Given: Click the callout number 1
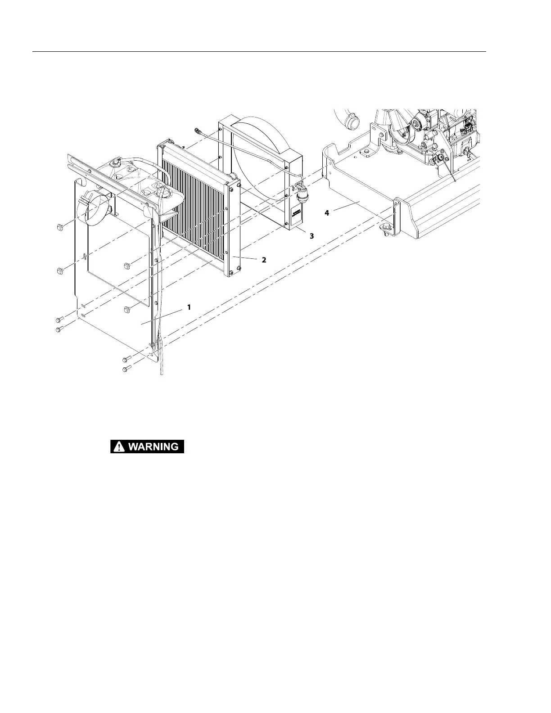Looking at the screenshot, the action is (189, 307).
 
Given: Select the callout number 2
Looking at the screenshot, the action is (264, 260).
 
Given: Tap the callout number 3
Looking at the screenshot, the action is (312, 235).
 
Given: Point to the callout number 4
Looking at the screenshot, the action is (327, 213).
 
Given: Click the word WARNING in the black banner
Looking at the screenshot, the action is (153, 447).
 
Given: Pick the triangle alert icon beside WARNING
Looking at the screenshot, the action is (119, 447).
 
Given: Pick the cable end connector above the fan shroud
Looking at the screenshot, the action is (197, 131).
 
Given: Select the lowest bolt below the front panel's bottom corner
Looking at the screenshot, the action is (126, 369).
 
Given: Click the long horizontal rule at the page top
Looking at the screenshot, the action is (259, 52).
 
